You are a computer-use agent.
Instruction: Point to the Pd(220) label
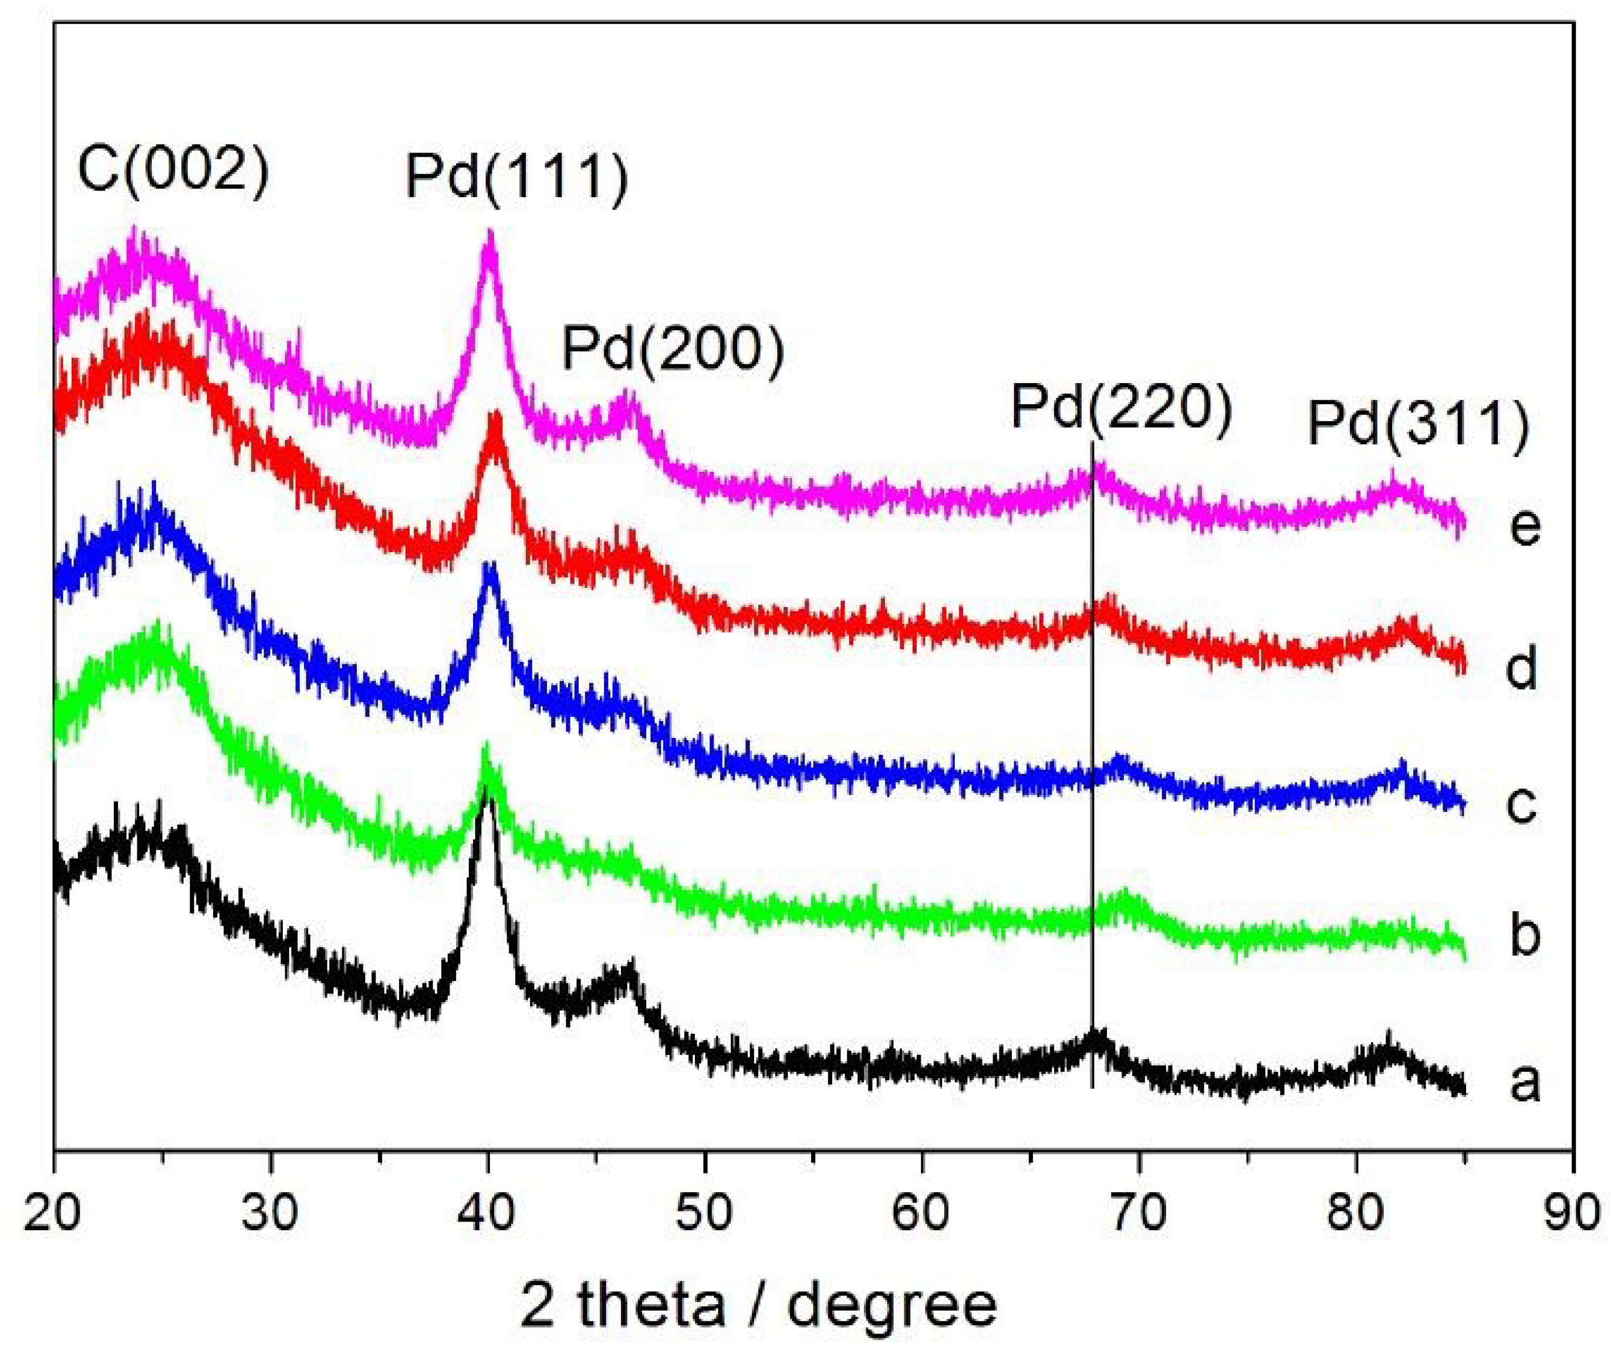pyautogui.click(x=1122, y=408)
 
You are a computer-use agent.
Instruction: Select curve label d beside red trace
pyautogui.click(x=1521, y=667)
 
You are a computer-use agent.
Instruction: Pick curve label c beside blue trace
pyautogui.click(x=1521, y=804)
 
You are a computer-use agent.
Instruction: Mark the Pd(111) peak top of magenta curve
pyautogui.click(x=488, y=234)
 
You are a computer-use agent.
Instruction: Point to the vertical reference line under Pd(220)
pyautogui.click(x=1092, y=769)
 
